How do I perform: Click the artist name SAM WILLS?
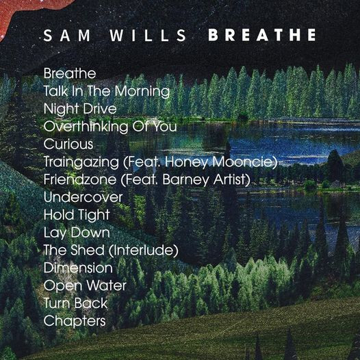point(115,36)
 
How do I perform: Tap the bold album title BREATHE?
point(262,35)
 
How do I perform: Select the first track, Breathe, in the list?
point(70,73)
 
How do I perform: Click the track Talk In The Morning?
point(107,92)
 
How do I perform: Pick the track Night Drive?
point(80,110)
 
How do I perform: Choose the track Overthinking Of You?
point(110,127)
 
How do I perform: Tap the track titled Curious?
point(68,144)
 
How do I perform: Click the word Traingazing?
point(81,162)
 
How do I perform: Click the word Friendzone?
point(80,179)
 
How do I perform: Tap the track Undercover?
point(83,197)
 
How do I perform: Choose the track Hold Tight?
point(77,216)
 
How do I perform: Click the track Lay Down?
point(77,233)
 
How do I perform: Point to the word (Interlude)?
point(143,250)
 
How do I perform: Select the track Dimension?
point(78,268)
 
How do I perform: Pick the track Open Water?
point(85,286)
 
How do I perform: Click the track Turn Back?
point(75,303)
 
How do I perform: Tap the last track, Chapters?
point(75,321)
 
